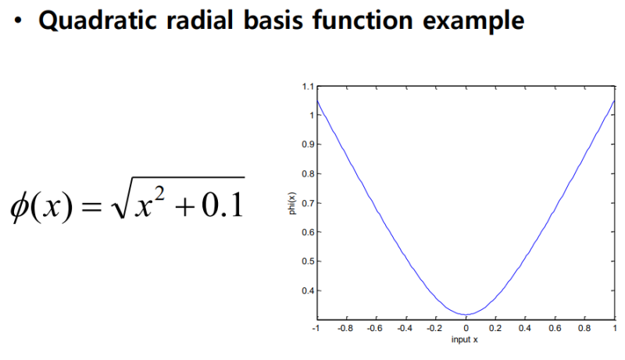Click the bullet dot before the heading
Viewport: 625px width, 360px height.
click(17, 22)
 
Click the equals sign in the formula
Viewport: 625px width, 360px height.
click(91, 206)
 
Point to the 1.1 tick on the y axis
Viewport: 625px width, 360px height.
click(308, 86)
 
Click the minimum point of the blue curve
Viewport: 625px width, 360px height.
click(466, 314)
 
